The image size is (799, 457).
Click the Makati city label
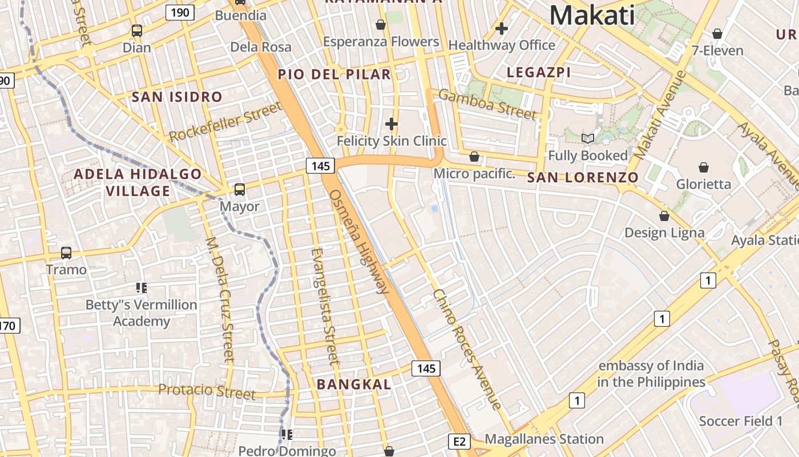(592, 15)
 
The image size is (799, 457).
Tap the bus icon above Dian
(137, 31)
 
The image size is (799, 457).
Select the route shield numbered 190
(180, 13)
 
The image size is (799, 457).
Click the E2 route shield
(460, 441)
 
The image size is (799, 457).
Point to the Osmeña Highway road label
(359, 241)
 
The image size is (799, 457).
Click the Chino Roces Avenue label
(467, 349)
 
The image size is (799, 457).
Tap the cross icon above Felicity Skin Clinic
(392, 123)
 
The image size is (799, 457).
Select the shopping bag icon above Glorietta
(704, 167)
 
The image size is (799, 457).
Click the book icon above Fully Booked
(588, 138)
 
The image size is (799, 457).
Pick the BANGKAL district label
(354, 384)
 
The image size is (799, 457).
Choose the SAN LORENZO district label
(583, 178)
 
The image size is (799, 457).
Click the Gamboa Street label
(488, 105)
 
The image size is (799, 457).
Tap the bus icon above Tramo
(66, 252)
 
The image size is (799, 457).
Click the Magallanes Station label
(544, 439)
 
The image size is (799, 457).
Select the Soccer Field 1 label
(741, 422)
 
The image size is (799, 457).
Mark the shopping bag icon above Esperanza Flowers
(381, 25)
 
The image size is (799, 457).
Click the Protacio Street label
(207, 391)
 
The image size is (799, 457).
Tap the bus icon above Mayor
(240, 189)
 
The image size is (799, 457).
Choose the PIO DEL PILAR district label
(334, 74)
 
